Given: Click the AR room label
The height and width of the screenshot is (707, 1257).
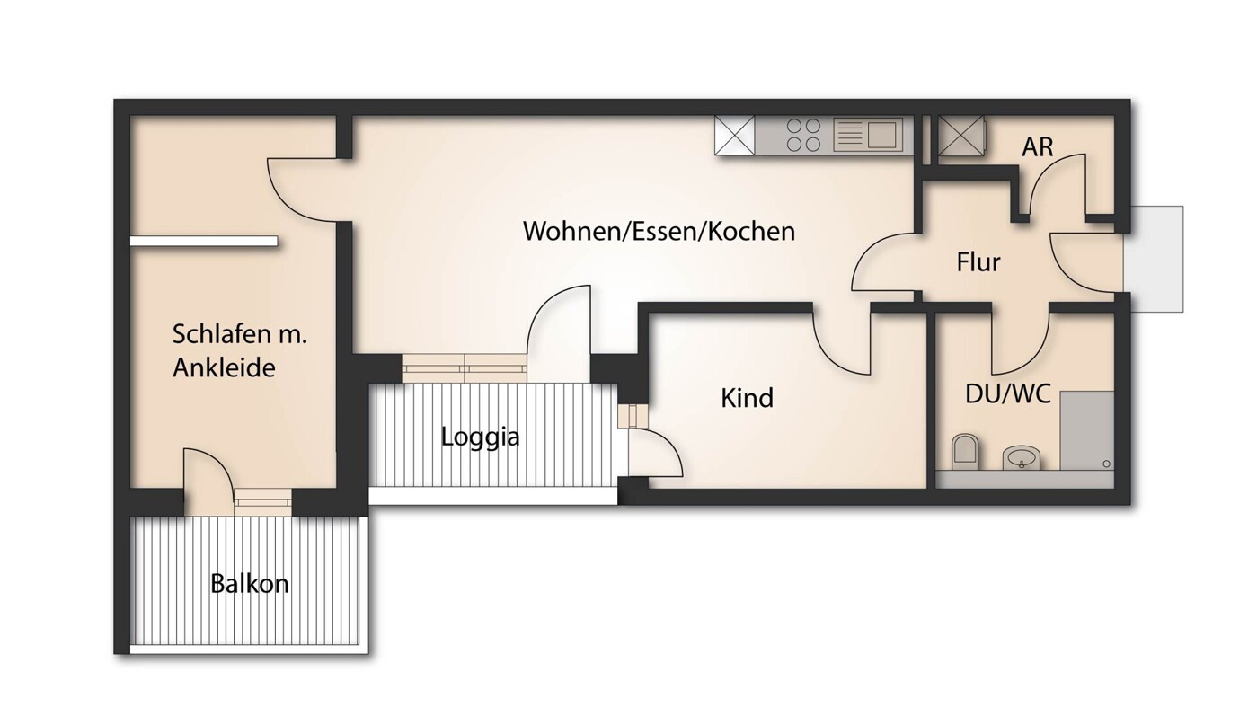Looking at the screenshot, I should click(x=1037, y=147).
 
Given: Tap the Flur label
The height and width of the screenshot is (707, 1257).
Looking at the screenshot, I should click(x=978, y=263).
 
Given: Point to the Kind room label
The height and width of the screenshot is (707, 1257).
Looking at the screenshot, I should click(x=747, y=398).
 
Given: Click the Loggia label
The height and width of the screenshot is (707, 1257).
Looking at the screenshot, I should click(x=480, y=437).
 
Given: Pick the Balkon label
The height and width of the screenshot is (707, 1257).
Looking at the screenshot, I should click(x=250, y=584).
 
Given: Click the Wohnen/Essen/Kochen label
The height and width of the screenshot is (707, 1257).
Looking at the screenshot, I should click(x=659, y=231).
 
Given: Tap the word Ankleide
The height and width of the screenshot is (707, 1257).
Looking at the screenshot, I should click(x=224, y=367).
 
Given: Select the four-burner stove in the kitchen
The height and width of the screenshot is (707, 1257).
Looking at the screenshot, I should click(x=803, y=136).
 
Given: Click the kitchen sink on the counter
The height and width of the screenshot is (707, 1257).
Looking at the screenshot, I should click(x=868, y=136).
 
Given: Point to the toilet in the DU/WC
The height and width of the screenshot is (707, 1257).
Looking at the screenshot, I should click(x=965, y=451).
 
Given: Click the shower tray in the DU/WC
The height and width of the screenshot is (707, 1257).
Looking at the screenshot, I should click(x=1086, y=430).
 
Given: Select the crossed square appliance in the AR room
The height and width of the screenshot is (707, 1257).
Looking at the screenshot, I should click(x=960, y=137).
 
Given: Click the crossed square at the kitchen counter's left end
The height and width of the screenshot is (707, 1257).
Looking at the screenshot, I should click(x=736, y=136).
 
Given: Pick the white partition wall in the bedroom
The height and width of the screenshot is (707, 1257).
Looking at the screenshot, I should click(x=204, y=241).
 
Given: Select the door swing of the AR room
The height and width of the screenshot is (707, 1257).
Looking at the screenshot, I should click(x=1060, y=184).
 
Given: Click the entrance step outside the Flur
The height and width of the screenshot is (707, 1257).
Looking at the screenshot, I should click(x=1154, y=259).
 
